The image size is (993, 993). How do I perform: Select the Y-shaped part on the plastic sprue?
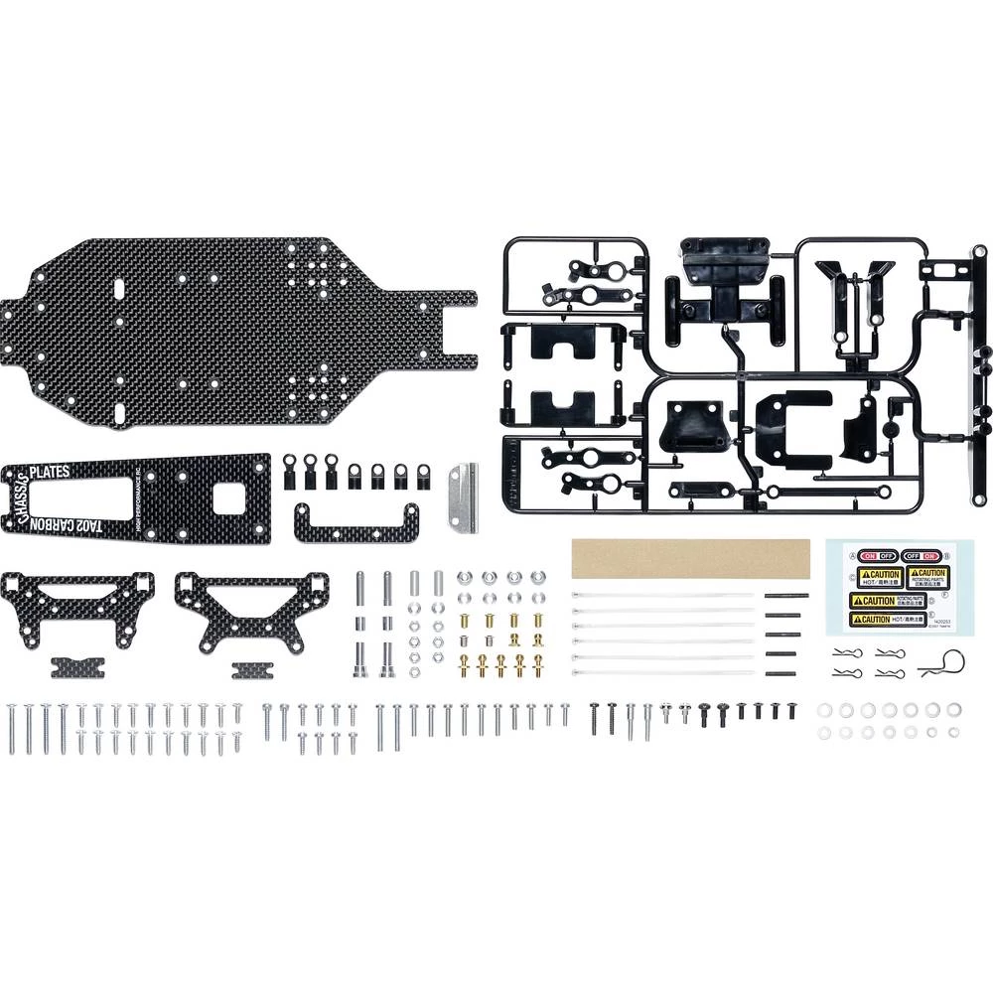(853, 282)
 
